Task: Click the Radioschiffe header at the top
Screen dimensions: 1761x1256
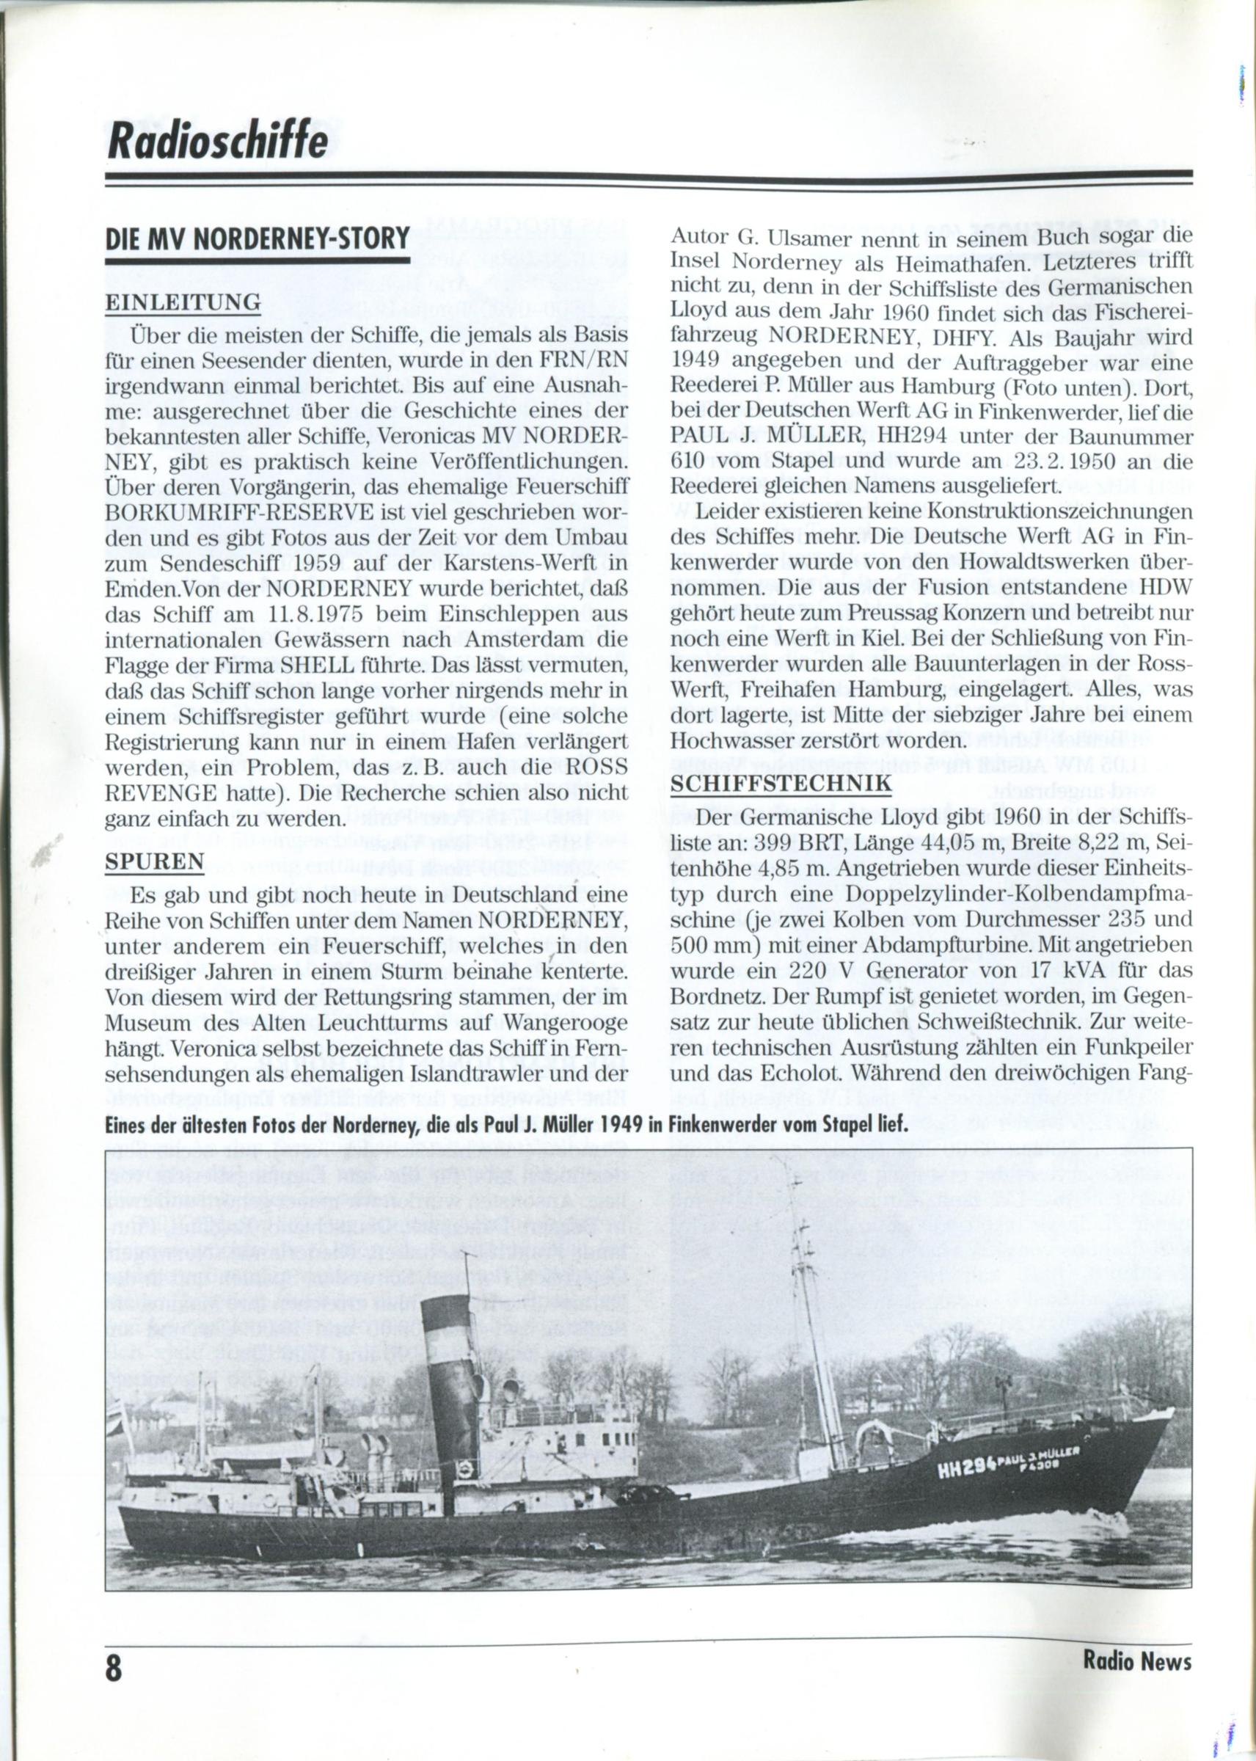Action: tap(217, 141)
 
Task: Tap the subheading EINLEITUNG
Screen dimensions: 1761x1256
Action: tap(183, 302)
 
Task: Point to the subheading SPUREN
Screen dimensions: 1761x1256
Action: tap(154, 861)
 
